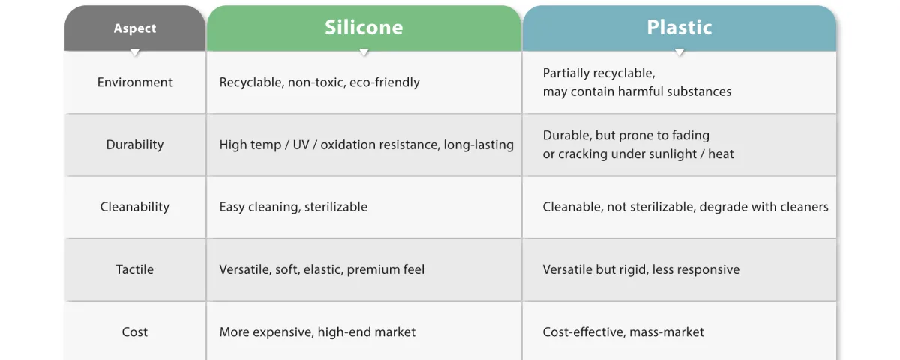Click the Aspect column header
pos(134,28)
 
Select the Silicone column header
pos(364,27)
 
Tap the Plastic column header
pos(679,27)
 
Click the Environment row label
pos(134,82)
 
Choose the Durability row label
pos(134,145)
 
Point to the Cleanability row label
pos(134,206)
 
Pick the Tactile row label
pos(134,269)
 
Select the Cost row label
pos(134,331)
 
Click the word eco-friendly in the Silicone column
pos(385,82)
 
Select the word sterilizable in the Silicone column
pos(336,206)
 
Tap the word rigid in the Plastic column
pos(634,269)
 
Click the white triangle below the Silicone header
pos(364,52)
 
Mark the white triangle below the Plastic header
pos(679,52)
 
